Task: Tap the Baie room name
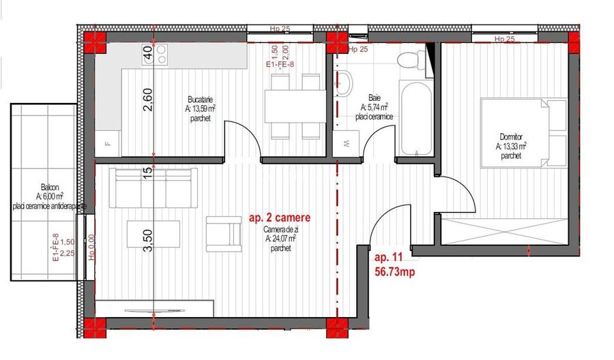click(x=374, y=97)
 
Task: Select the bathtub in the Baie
click(x=415, y=117)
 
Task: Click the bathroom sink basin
click(x=346, y=83)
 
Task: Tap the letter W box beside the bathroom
click(x=346, y=144)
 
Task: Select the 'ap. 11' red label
click(x=389, y=258)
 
